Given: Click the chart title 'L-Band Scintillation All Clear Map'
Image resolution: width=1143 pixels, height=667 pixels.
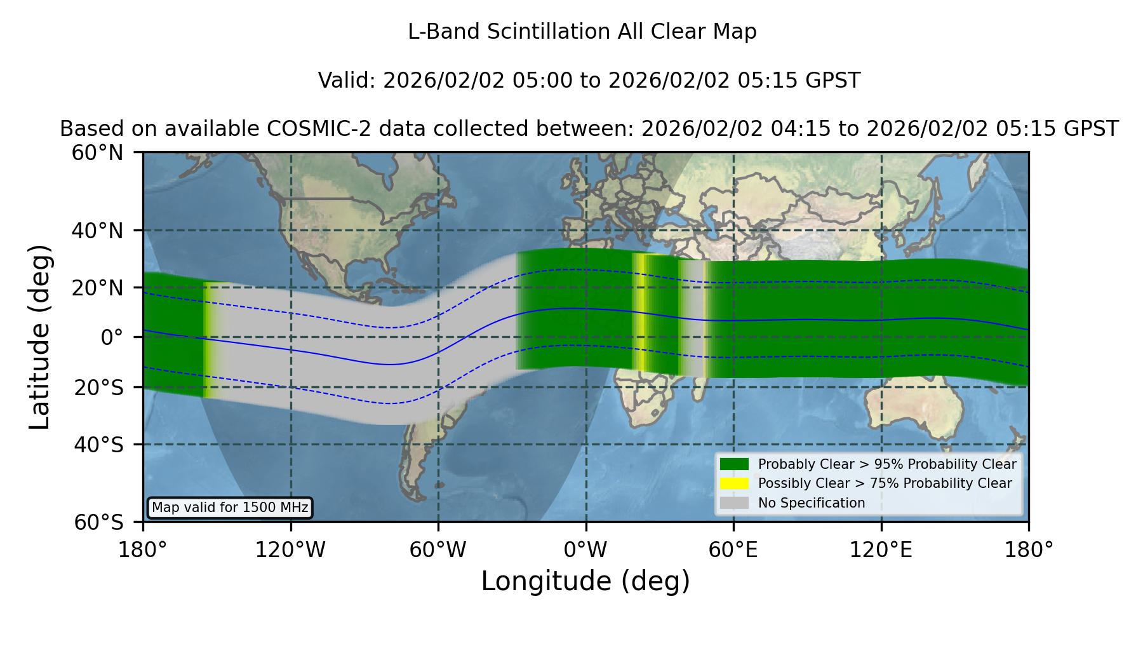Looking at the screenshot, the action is pos(582,32).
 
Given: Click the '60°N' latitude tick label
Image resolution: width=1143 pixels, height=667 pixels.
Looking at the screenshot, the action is pos(97,153).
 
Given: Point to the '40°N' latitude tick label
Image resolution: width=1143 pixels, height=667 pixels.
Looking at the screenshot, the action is pos(97,231).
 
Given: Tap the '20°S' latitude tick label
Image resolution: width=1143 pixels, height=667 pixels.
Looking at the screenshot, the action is pos(99,387).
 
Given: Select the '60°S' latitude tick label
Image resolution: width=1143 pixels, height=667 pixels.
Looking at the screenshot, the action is pos(99,522).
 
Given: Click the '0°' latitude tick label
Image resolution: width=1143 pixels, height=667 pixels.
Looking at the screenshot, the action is pos(112,337).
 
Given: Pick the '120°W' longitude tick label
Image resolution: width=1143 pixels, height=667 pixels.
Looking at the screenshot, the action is pos(290,550).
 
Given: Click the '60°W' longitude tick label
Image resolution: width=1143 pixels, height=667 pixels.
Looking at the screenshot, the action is pos(438,550).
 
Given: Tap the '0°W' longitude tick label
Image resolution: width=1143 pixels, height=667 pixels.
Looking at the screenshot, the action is pos(585,550).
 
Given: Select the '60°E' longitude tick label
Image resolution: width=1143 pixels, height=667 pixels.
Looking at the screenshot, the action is pos(733,550).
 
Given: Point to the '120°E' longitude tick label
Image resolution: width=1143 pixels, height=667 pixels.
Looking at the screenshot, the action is pos(881,550).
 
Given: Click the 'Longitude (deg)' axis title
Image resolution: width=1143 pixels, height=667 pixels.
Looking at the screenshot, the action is pos(585,581).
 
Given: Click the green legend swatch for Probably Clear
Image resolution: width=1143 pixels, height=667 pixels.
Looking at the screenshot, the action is pos(734,464).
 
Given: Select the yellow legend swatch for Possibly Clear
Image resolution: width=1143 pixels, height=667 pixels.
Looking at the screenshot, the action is pos(734,483).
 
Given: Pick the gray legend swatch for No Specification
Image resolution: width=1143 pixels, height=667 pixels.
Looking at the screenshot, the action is pos(734,503).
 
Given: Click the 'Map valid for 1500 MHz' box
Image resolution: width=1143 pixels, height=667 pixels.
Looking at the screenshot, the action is pos(230,508).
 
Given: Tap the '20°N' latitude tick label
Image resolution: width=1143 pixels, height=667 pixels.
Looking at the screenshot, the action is pos(97,288).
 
